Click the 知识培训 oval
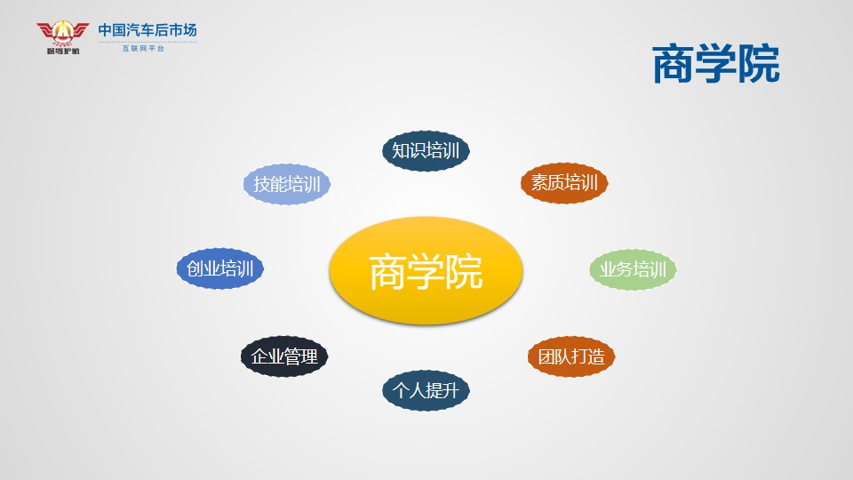click(426, 151)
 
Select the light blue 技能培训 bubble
click(287, 184)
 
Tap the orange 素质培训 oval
click(564, 183)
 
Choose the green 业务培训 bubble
click(633, 269)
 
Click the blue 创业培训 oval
click(219, 268)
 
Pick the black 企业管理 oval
click(284, 356)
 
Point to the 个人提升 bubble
click(426, 390)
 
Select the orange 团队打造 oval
click(571, 356)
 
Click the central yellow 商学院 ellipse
click(426, 270)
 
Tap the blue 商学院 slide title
click(716, 65)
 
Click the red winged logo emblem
click(62, 34)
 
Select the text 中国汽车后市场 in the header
click(147, 30)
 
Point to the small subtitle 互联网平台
click(143, 48)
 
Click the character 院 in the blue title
click(759, 65)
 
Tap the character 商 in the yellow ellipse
click(388, 272)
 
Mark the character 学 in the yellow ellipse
click(426, 272)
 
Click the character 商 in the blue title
click(674, 65)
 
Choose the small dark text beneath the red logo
click(63, 52)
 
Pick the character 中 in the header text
click(105, 30)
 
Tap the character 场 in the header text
click(190, 30)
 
